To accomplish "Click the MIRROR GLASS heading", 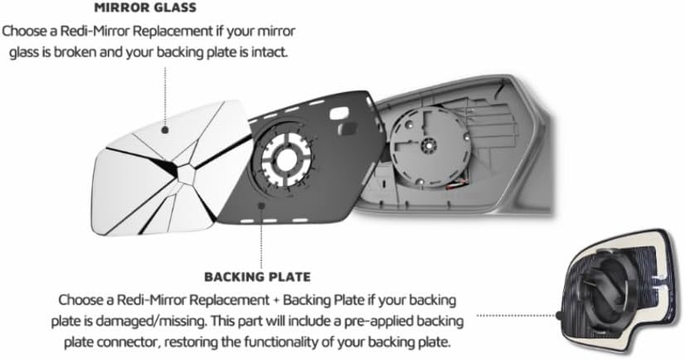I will pos(145,9).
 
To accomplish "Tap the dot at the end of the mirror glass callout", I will pos(166,129).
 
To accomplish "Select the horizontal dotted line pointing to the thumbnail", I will pos(518,315).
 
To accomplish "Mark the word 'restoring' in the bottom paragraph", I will pos(220,339).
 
